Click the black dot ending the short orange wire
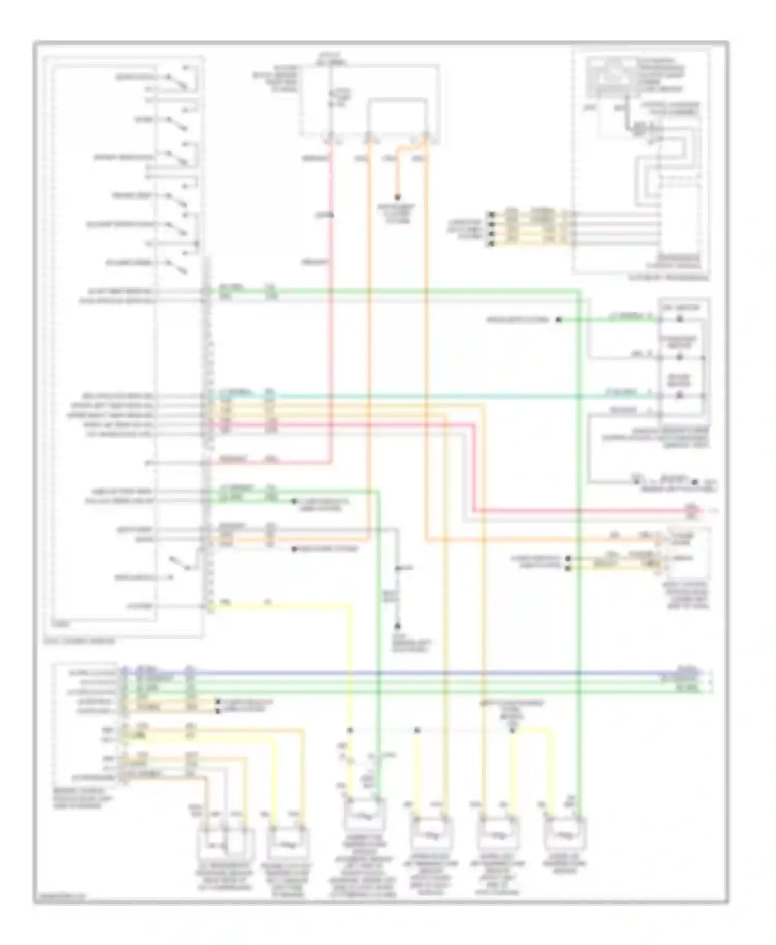[398, 197]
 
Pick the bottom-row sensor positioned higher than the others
[365, 815]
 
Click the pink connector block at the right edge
[691, 511]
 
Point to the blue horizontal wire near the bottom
[414, 673]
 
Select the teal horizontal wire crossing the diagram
[414, 397]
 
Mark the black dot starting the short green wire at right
[559, 320]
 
